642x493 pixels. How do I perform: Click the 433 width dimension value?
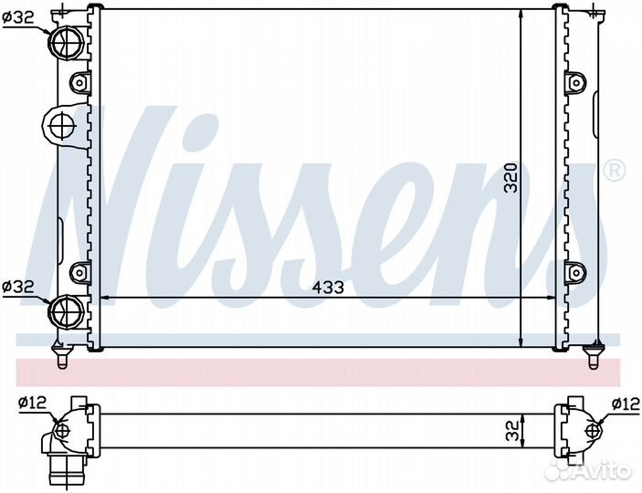(328, 288)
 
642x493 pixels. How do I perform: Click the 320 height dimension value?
(511, 178)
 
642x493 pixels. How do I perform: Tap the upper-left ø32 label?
(17, 17)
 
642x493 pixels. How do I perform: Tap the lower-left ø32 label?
(17, 287)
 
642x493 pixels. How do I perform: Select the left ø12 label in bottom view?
(32, 404)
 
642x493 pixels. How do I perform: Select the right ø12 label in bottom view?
(626, 404)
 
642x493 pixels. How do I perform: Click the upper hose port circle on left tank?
(67, 42)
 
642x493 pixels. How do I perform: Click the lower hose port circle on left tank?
(66, 310)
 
